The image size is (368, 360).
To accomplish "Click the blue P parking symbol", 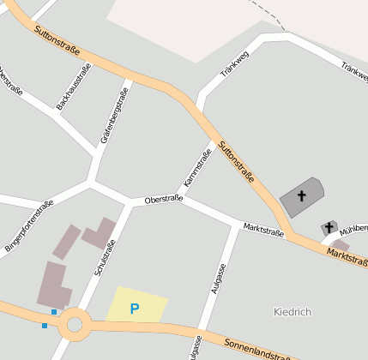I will pyautogui.click(x=135, y=308).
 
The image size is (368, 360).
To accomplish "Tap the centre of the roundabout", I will pyautogui.click(x=75, y=324).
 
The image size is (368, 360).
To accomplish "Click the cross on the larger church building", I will pyautogui.click(x=301, y=196).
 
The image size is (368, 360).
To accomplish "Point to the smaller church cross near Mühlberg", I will pyautogui.click(x=329, y=227).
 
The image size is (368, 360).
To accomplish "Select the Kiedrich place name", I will pyautogui.click(x=291, y=310).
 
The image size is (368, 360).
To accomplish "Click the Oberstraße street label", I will pyautogui.click(x=164, y=200).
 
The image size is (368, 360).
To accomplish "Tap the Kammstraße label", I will pyautogui.click(x=197, y=169).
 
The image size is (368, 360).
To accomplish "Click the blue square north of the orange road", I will pyautogui.click(x=54, y=311).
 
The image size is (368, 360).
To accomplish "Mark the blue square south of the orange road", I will pyautogui.click(x=45, y=326).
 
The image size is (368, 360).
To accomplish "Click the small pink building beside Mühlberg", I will pyautogui.click(x=341, y=245).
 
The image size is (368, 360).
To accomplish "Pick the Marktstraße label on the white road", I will pyautogui.click(x=263, y=229).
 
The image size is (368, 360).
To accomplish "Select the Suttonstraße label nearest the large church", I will pyautogui.click(x=237, y=161).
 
